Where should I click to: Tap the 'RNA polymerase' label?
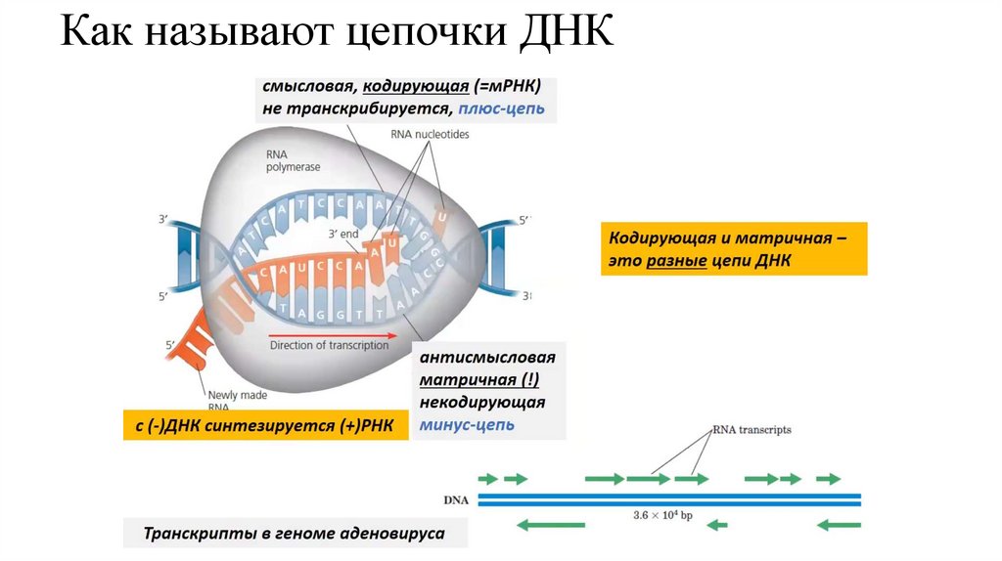293,161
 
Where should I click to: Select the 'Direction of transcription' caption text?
329,345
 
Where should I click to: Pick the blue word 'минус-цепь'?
468,425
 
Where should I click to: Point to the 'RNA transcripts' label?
751,429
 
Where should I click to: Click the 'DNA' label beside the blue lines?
456,500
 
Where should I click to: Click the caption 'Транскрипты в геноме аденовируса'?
295,534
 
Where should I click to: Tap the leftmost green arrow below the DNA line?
550,525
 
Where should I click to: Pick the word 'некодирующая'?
483,403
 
